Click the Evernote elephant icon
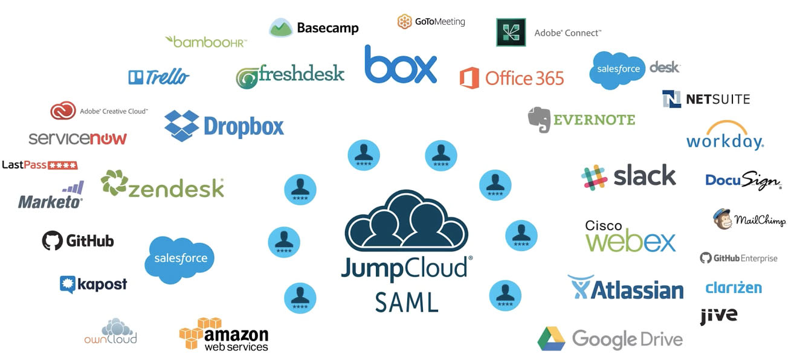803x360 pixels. point(540,119)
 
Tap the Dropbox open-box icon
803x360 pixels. point(182,126)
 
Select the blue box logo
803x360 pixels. point(401,65)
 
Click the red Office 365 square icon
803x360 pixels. point(469,78)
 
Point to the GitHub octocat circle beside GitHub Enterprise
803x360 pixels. point(705,258)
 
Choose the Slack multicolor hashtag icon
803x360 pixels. point(594,176)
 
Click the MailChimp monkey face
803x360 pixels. point(723,219)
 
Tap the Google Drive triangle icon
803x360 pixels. point(551,339)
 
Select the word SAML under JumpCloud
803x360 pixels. point(406,301)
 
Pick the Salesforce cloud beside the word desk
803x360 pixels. point(617,69)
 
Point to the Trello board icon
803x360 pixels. point(135,77)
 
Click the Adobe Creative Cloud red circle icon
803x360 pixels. point(63,111)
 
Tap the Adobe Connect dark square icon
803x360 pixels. point(511,33)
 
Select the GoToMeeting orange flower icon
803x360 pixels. point(404,22)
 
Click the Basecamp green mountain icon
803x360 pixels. point(281,28)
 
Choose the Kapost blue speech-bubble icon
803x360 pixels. point(67,284)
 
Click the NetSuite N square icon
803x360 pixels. point(671,99)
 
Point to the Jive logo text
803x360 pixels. point(718,315)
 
